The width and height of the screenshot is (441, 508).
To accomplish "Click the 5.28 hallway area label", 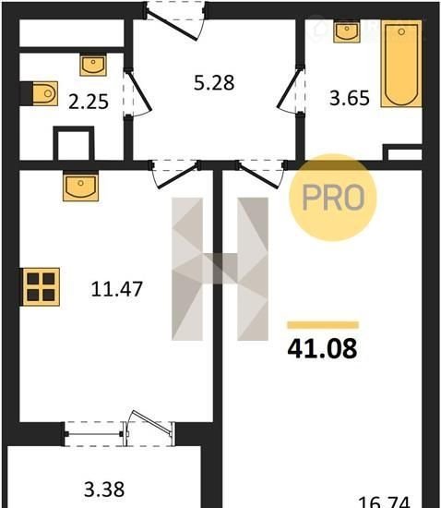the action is tap(214, 82).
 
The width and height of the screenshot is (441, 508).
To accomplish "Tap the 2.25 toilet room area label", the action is tap(89, 102).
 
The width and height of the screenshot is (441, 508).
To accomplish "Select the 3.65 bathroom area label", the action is tap(350, 98).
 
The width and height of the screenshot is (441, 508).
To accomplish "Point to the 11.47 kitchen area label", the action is tap(117, 289).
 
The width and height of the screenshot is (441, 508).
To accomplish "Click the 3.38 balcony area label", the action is tap(104, 490).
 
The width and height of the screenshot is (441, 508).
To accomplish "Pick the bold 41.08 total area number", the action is tap(322, 348).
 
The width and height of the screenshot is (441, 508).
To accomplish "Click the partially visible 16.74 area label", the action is tap(385, 502).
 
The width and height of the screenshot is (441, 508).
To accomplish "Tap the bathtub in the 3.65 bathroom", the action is tap(401, 64).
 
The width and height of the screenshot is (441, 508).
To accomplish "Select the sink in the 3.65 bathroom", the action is tap(347, 31).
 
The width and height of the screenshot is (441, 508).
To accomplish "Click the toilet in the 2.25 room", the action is tap(45, 93).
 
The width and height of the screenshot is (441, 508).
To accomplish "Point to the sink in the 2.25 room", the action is tap(93, 66).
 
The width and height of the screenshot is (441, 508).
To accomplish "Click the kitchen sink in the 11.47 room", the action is tap(80, 186).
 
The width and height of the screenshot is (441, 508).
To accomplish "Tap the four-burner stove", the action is tap(41, 286).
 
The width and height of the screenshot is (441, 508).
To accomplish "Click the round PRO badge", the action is tap(333, 198).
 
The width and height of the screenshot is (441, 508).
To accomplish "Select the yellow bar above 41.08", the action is tap(323, 325).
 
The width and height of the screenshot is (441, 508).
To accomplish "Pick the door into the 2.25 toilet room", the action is tap(137, 93).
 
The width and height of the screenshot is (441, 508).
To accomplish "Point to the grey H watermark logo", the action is tap(220, 269).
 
